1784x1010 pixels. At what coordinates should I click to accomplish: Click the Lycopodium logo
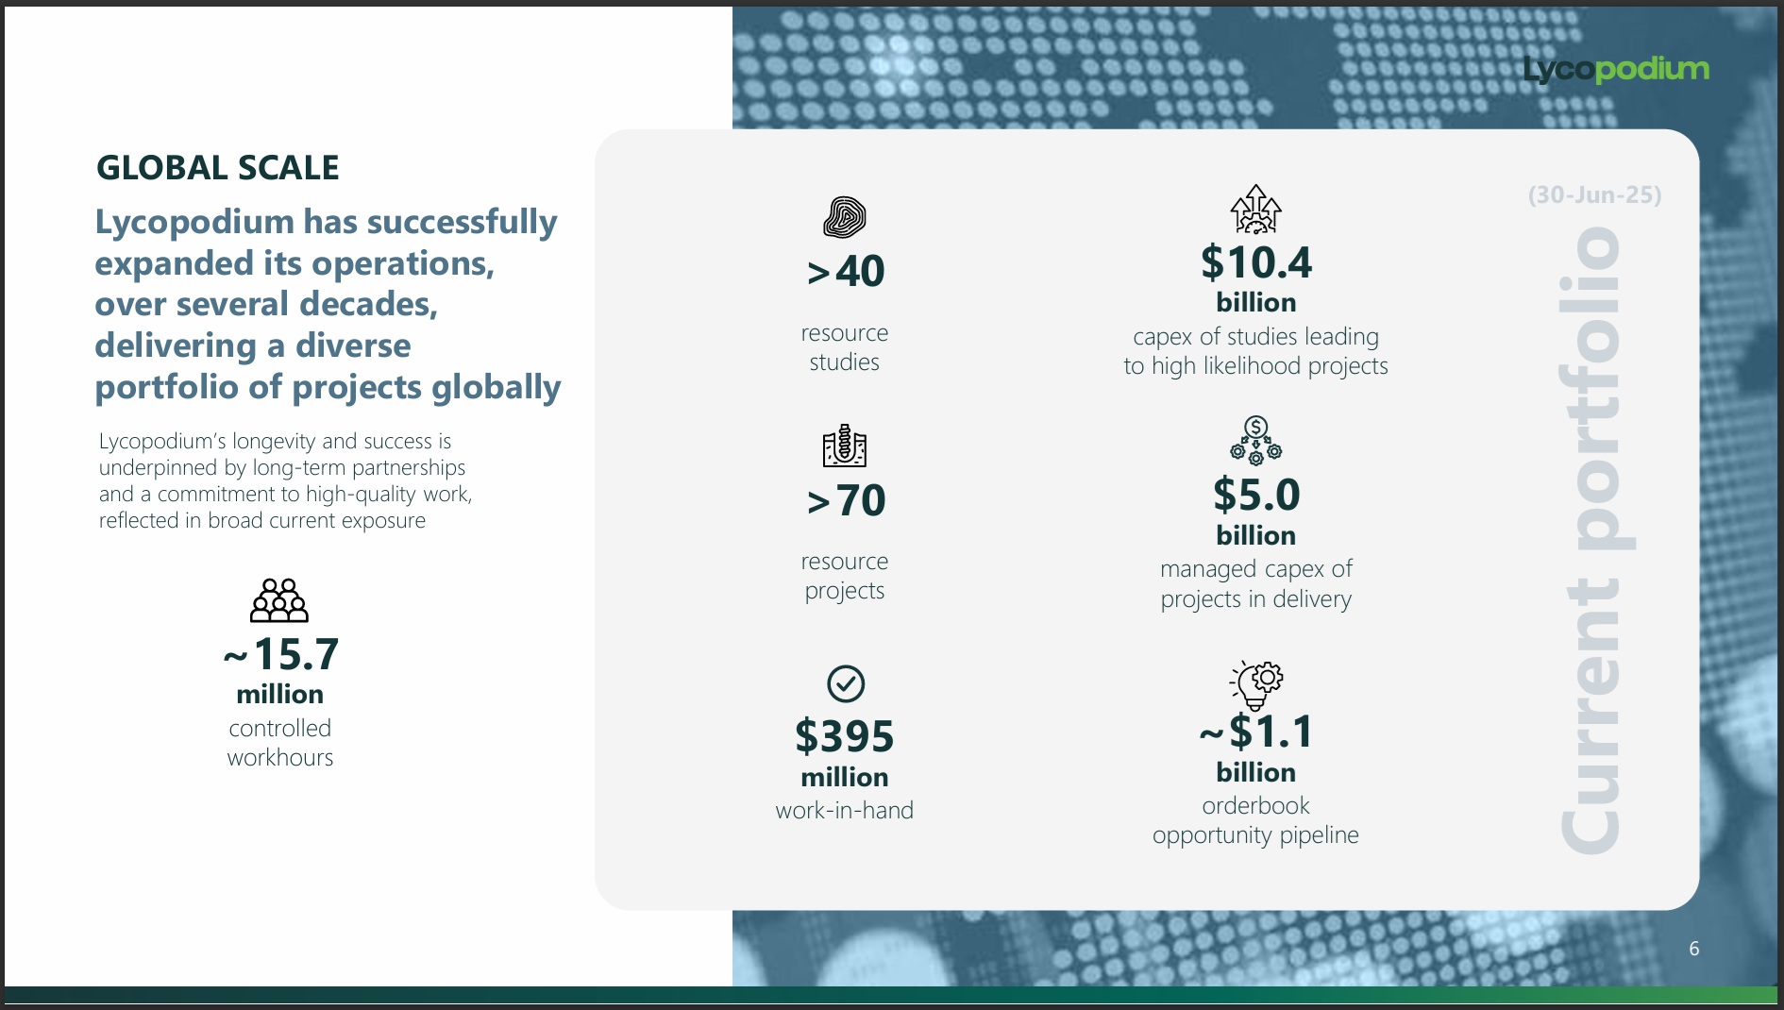coord(1616,69)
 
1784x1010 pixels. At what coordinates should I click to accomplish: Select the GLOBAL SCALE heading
coord(217,168)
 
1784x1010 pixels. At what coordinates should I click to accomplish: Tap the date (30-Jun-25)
coord(1594,195)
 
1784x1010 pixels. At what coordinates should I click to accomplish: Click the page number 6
coord(1694,949)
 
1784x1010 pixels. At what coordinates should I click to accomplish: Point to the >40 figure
coord(846,272)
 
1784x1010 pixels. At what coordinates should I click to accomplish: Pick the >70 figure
coord(846,500)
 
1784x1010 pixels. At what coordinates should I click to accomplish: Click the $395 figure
coord(845,736)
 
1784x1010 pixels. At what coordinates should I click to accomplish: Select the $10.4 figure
coord(1256,262)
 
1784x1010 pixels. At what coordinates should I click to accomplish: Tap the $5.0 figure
coord(1256,495)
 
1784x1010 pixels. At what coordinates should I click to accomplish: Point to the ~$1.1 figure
coord(1256,732)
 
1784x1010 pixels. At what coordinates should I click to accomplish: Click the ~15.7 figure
coord(280,654)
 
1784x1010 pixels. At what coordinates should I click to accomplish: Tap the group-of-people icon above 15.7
coord(279,600)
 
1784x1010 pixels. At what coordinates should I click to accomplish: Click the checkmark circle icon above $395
coord(846,683)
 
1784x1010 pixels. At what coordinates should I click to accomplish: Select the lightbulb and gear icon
coord(1256,685)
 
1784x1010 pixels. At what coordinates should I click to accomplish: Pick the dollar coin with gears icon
coord(1256,441)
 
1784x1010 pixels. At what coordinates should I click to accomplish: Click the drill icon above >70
coord(845,446)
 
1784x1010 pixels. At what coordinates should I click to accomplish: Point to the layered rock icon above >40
coord(845,218)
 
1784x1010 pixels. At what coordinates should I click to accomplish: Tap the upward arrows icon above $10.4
coord(1256,209)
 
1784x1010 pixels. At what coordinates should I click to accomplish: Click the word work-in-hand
coord(845,810)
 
